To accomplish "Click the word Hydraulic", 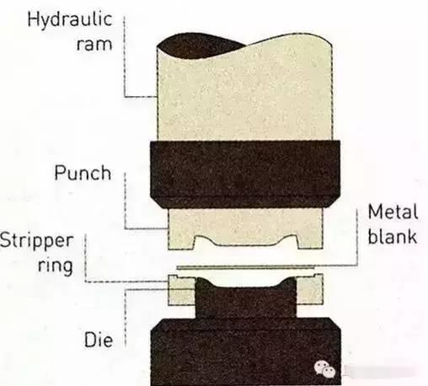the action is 70,20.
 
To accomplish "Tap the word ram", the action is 94,45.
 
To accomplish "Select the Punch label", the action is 83,173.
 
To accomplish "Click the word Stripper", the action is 36,241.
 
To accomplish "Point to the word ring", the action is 56,266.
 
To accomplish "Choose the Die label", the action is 99,340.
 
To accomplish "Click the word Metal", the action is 393,212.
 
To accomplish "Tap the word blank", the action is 393,236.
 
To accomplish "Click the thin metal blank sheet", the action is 246,267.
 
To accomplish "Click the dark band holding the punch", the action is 245,174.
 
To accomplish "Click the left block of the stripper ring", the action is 181,290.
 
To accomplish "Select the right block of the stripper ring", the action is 310,290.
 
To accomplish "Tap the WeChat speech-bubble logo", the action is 325,368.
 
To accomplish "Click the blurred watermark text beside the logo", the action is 379,372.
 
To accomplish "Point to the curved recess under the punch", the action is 246,241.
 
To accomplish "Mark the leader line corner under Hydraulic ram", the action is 125,97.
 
